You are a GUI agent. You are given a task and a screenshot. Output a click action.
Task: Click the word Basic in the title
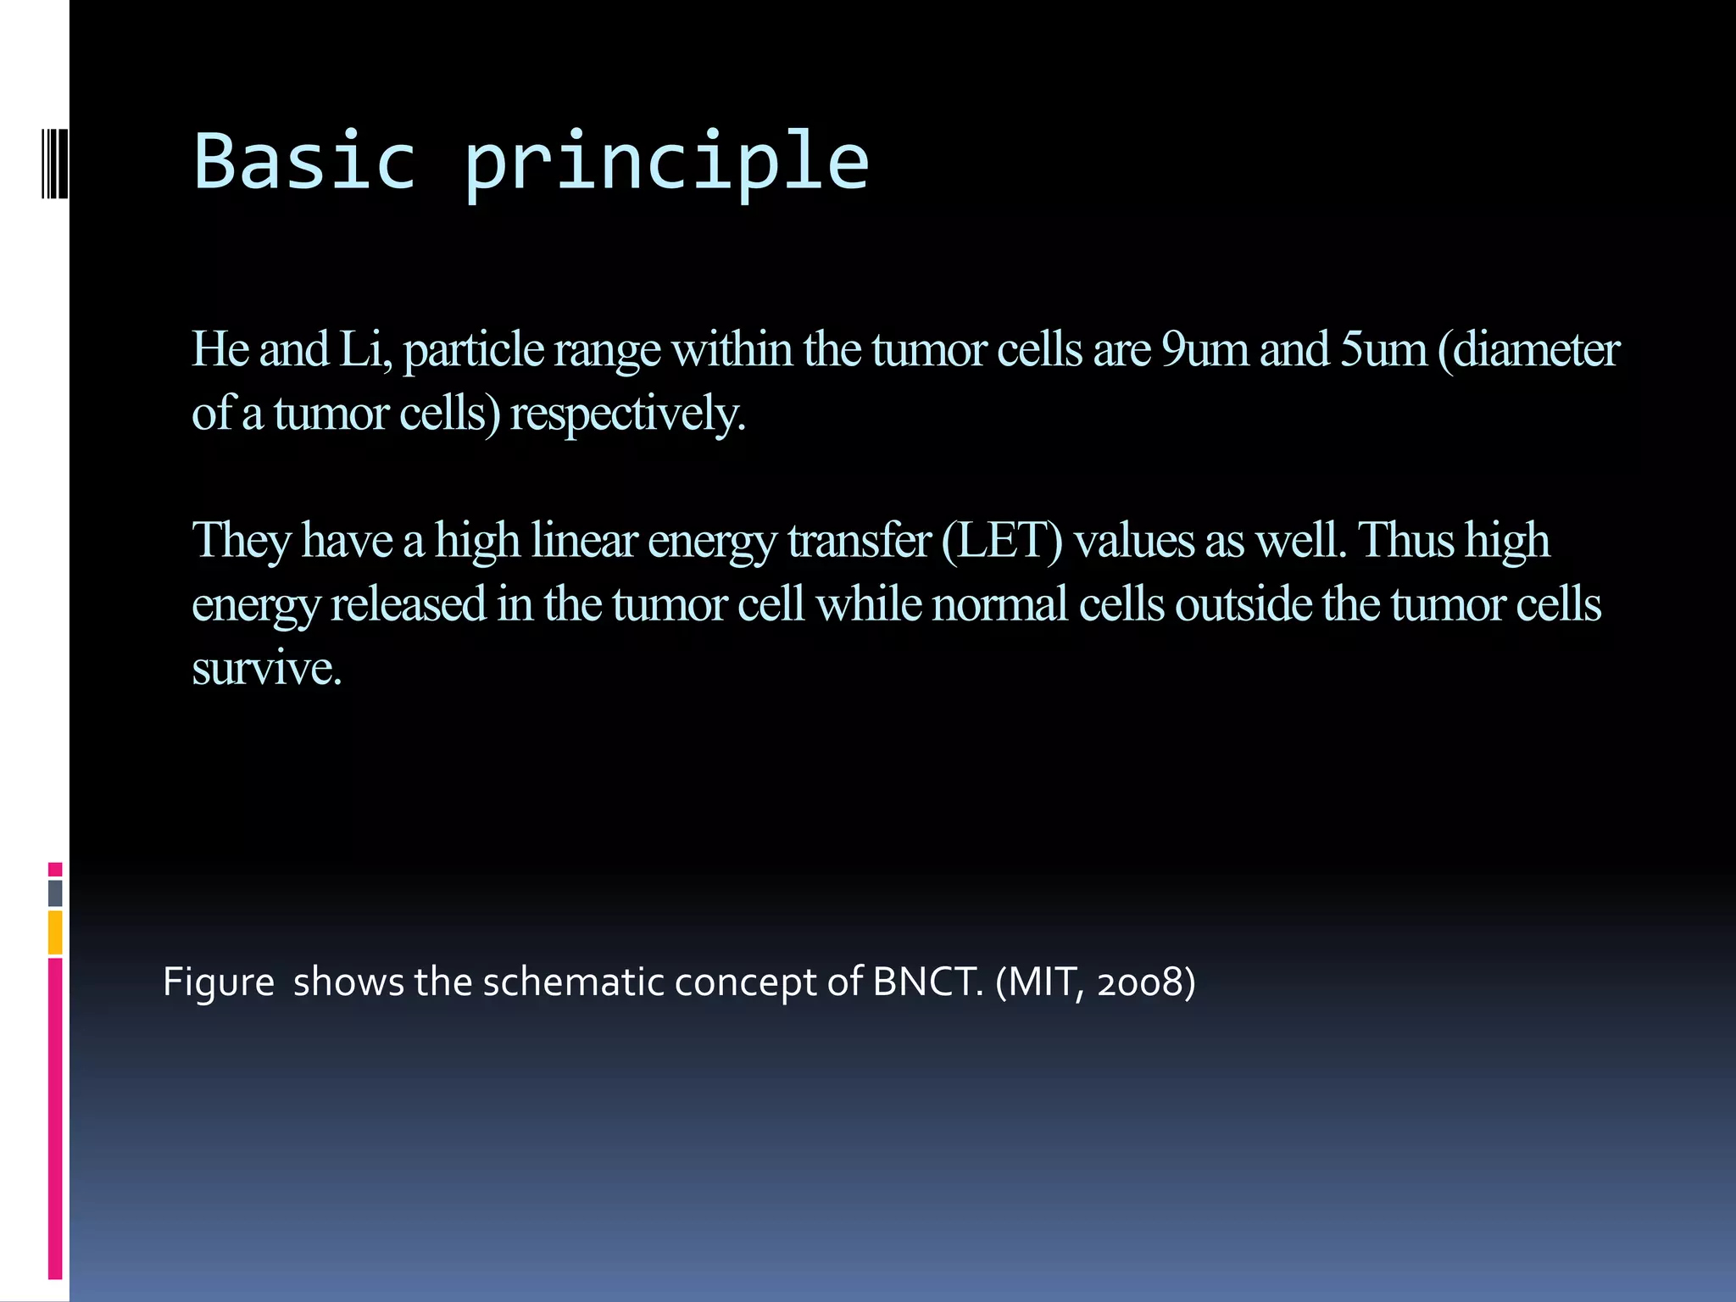[305, 161]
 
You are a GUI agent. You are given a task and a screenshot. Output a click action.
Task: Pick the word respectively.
[627, 415]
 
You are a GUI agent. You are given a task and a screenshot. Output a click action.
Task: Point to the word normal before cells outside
[999, 604]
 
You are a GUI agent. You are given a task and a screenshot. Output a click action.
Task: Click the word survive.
[266, 669]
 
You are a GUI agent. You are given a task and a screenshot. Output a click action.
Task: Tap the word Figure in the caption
[218, 982]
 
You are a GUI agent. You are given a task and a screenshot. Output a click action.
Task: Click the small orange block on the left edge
[55, 932]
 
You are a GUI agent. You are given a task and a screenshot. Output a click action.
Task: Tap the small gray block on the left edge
[55, 893]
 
